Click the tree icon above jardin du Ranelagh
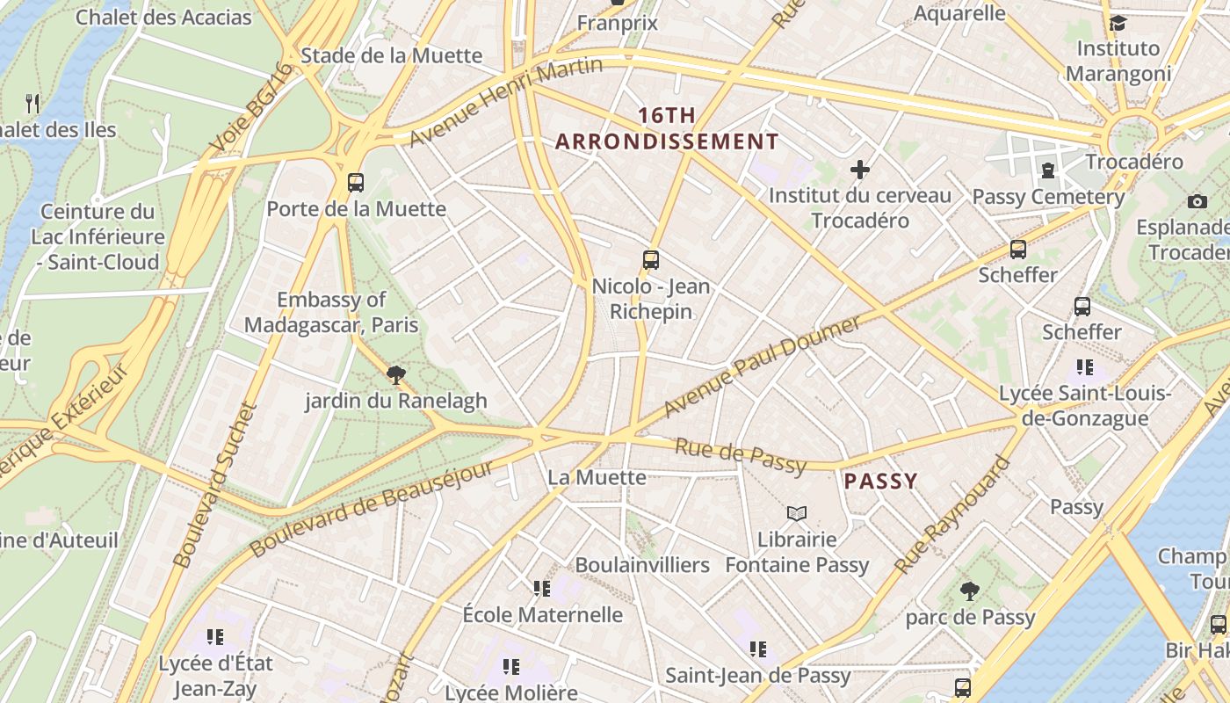coord(396,375)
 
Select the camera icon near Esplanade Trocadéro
coord(1197,202)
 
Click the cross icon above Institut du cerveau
coord(860,170)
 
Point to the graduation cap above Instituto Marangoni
coord(1118,23)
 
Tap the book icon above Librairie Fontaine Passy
coord(797,513)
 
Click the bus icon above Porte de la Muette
coord(356,183)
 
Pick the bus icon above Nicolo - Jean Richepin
coord(651,260)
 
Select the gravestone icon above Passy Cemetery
coord(1048,170)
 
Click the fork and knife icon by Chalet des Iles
coord(33,104)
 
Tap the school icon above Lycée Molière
coord(511,667)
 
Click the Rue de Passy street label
coord(740,456)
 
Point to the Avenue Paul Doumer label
coord(763,366)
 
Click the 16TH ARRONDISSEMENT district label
coord(667,128)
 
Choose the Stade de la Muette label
coord(391,56)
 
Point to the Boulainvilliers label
coord(642,565)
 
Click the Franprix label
coord(618,23)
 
